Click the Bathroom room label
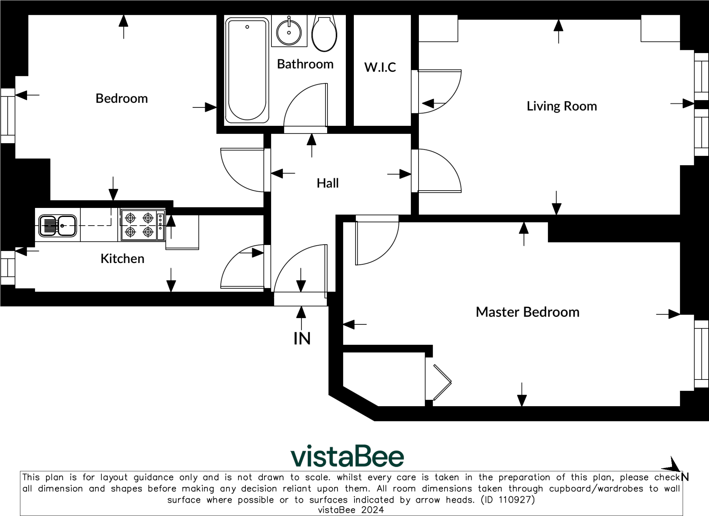[x=305, y=64]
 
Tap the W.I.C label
[x=380, y=67]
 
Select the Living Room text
[x=562, y=106]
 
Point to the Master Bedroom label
[x=527, y=312]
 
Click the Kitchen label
[x=122, y=259]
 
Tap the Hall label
[x=327, y=183]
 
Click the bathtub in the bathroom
[x=247, y=70]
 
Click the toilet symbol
[x=324, y=33]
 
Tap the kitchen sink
[x=57, y=226]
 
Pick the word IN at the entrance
[x=302, y=339]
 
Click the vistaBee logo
[x=347, y=456]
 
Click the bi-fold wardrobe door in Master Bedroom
[x=442, y=382]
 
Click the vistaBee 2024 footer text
[x=351, y=510]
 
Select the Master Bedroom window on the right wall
[x=701, y=353]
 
